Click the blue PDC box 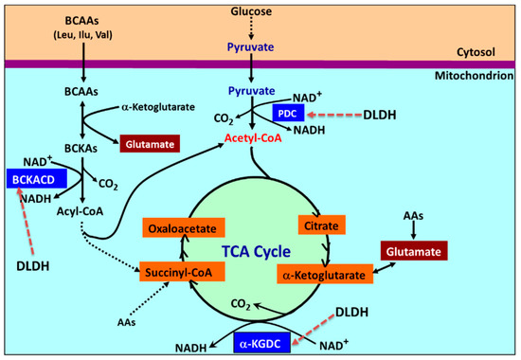point(287,113)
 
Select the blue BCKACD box point(33,178)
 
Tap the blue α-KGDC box point(260,337)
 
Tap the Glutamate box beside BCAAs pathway point(147,143)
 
